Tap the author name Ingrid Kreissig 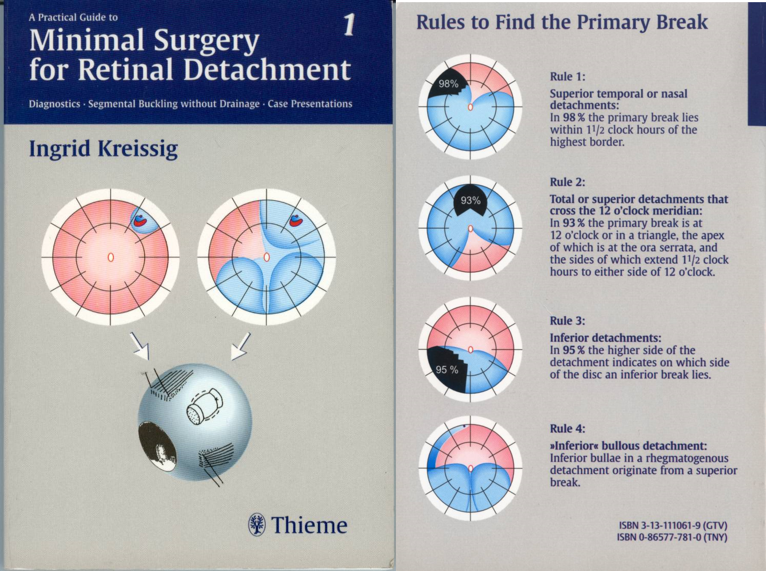click(103, 148)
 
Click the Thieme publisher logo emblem click(257, 524)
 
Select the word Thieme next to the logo click(309, 525)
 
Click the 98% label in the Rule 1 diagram click(448, 84)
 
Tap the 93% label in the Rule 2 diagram click(471, 200)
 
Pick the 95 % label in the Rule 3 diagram click(447, 370)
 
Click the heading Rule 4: click(567, 429)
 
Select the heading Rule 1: click(567, 76)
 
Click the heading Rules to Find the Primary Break click(562, 23)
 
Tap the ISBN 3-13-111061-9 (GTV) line click(673, 525)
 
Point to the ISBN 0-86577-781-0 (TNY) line click(671, 537)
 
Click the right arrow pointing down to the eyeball click(240, 346)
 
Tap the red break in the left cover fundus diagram click(140, 220)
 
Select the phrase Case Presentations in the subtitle click(310, 104)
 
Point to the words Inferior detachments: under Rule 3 click(605, 338)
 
